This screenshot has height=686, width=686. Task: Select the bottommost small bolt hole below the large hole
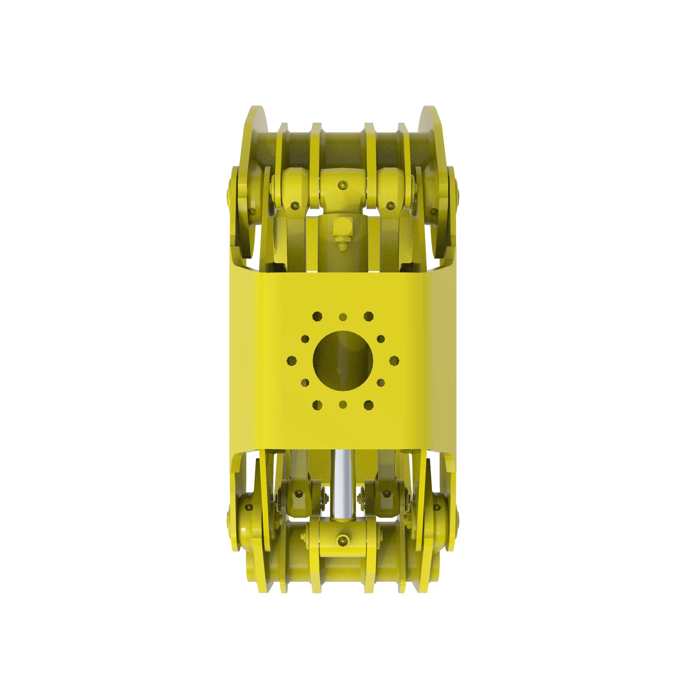pyautogui.click(x=343, y=404)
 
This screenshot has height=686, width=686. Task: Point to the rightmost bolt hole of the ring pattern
pyautogui.click(x=394, y=360)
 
